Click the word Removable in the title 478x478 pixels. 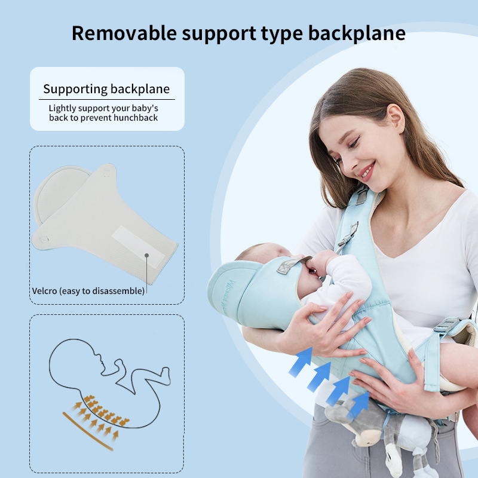point(124,33)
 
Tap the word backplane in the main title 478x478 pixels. point(357,33)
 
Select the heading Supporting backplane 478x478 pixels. point(106,89)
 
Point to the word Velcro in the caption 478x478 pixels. point(44,291)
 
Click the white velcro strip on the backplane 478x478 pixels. point(138,246)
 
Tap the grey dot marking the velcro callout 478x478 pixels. point(146,256)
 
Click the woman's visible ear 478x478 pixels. point(396,118)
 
